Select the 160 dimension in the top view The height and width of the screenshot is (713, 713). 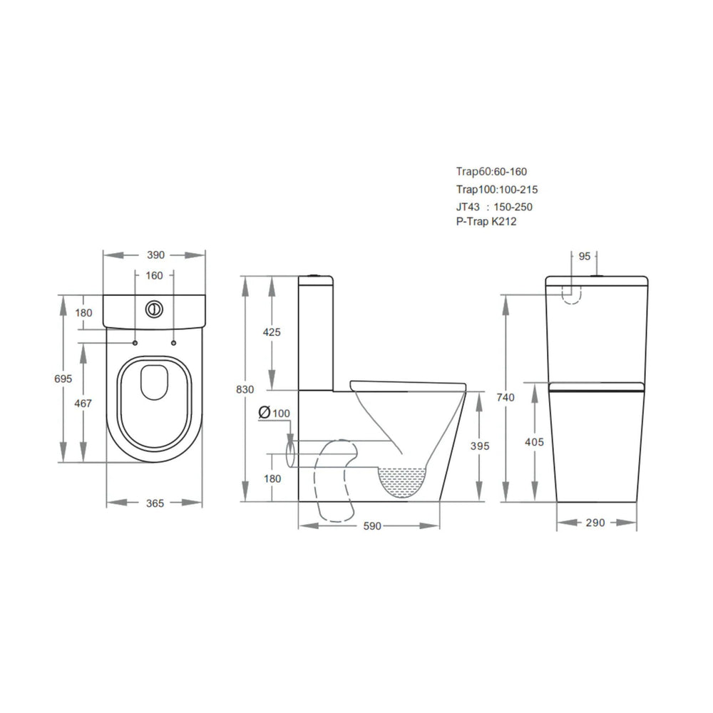tap(155, 275)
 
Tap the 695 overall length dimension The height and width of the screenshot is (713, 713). tap(63, 379)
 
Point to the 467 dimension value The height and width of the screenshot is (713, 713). tap(84, 404)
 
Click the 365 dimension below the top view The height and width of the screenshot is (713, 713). tap(155, 503)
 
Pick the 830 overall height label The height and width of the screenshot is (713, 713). tap(245, 389)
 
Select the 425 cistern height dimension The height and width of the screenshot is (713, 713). tap(272, 332)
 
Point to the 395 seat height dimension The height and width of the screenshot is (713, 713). tap(481, 446)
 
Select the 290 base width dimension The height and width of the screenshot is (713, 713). tap(595, 523)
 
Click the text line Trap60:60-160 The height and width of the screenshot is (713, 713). tap(491, 171)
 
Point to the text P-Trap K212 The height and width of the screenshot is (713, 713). tap(486, 222)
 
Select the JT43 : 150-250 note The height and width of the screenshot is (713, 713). tap(494, 207)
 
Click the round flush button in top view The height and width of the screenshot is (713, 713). tap(155, 309)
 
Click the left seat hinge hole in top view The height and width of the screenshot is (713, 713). tap(135, 343)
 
